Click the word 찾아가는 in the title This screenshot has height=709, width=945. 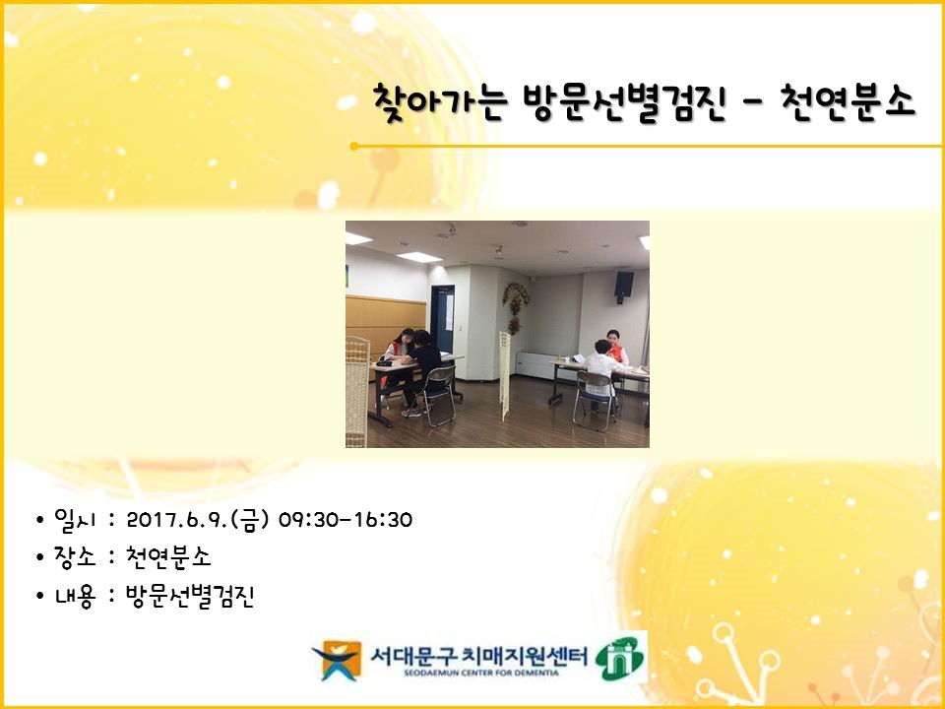click(x=440, y=102)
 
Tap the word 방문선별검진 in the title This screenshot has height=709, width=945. click(x=624, y=102)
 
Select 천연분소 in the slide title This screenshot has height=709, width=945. click(x=849, y=101)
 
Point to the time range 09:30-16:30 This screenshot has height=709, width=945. click(x=346, y=520)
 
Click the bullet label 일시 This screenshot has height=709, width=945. click(x=75, y=520)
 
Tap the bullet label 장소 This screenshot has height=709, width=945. click(x=75, y=556)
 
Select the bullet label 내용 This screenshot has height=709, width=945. click(x=75, y=597)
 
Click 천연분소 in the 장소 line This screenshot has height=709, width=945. click(x=168, y=556)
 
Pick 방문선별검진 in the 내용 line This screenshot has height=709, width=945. click(x=190, y=597)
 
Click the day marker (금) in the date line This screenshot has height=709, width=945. click(x=249, y=520)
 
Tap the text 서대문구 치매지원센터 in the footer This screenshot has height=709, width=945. click(x=478, y=656)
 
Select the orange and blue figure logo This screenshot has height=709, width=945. click(x=337, y=660)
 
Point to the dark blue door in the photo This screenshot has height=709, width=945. click(x=442, y=318)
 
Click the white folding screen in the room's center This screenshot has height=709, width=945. click(x=505, y=375)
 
